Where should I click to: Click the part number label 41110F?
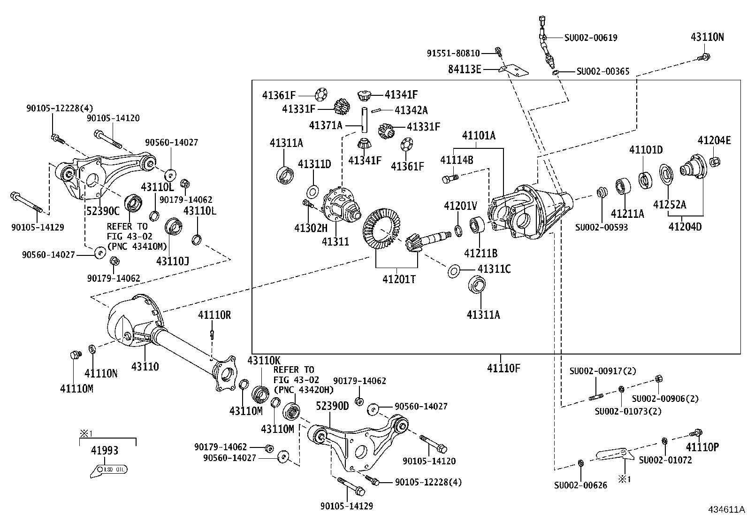pyautogui.click(x=503, y=369)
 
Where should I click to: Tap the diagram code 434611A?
pyautogui.click(x=726, y=509)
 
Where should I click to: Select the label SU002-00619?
pyautogui.click(x=590, y=38)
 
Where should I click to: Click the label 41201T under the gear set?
pyautogui.click(x=399, y=279)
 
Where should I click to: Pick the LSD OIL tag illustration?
pyautogui.click(x=109, y=469)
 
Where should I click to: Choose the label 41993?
pyautogui.click(x=105, y=451)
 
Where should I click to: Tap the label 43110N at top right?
pyautogui.click(x=707, y=38)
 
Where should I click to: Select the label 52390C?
pyautogui.click(x=103, y=211)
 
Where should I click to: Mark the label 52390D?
pyautogui.click(x=332, y=406)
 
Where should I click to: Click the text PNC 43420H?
pyautogui.click(x=304, y=389)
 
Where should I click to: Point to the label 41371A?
pyautogui.click(x=326, y=125)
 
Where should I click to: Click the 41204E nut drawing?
pyautogui.click(x=716, y=162)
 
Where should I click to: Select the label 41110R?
pyautogui.click(x=214, y=315)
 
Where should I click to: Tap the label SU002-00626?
pyautogui.click(x=580, y=485)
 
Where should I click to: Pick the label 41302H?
pyautogui.click(x=311, y=228)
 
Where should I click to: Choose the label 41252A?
pyautogui.click(x=670, y=205)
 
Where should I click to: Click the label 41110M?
pyautogui.click(x=76, y=389)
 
